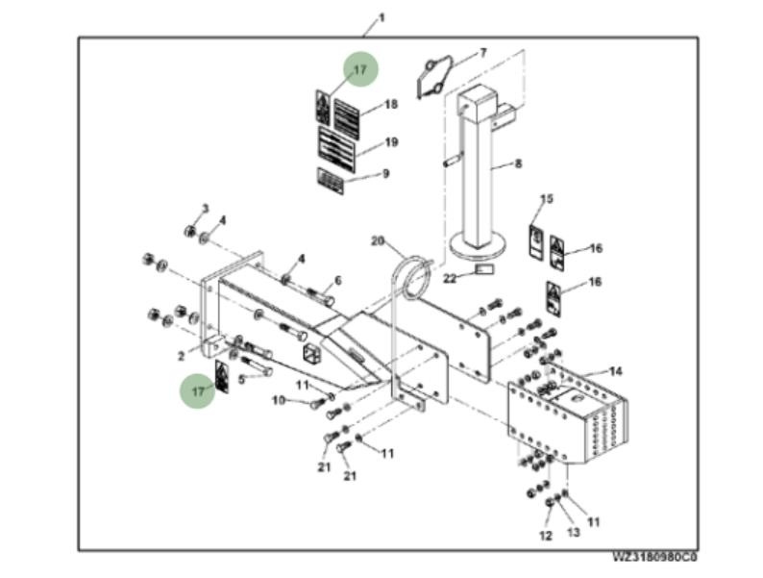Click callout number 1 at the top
(381, 17)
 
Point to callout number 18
(390, 104)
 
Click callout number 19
(390, 142)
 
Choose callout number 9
(385, 174)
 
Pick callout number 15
(546, 199)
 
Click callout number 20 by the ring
(377, 239)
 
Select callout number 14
(616, 370)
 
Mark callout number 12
(545, 534)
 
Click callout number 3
(204, 209)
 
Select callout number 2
(180, 356)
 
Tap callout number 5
(242, 379)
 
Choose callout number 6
(337, 281)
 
